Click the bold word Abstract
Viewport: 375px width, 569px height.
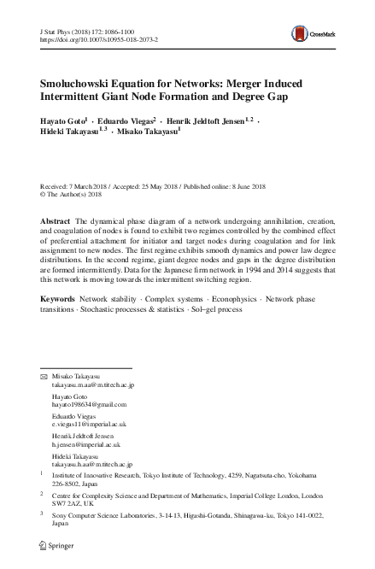pyautogui.click(x=56, y=221)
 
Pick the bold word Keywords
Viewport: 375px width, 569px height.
pyautogui.click(x=59, y=300)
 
